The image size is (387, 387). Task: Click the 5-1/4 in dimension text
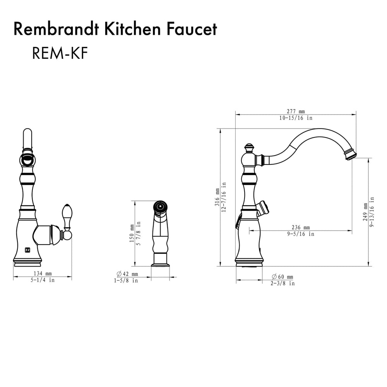tap(43, 280)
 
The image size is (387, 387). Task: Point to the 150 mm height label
tap(132, 233)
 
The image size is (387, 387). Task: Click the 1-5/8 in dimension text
tap(126, 281)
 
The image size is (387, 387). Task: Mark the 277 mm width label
tap(296, 111)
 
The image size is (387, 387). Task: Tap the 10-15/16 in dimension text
tap(296, 118)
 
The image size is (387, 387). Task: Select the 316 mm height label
tap(217, 197)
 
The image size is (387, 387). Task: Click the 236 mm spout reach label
tap(300, 227)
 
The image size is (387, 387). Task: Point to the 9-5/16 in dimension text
tap(300, 234)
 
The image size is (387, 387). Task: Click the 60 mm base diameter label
tap(282, 277)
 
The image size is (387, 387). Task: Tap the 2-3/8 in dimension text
tap(282, 283)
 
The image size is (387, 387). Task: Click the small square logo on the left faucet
tap(27, 249)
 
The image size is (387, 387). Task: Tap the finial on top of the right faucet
tap(249, 147)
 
